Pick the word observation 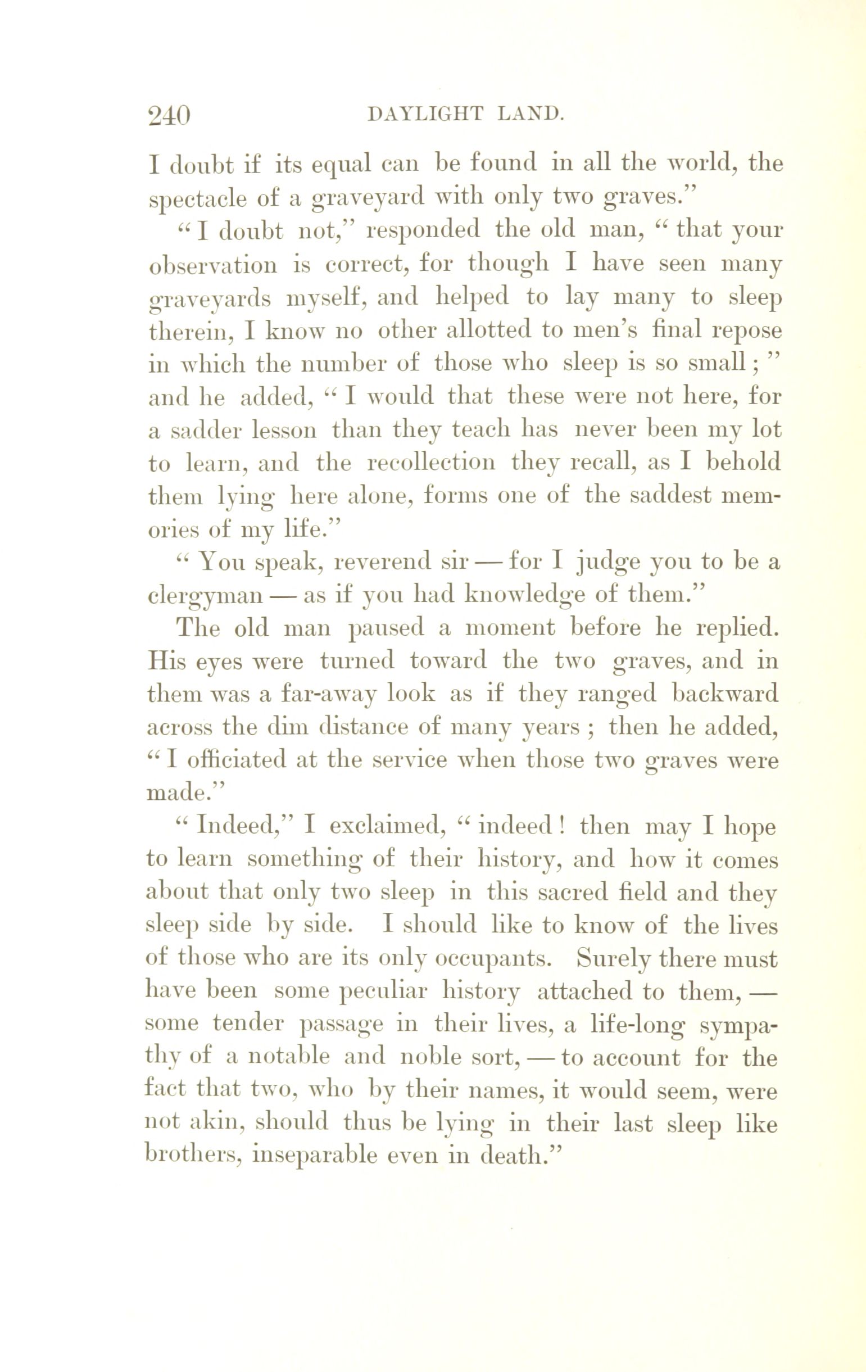pos(213,265)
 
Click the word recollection pos(431,463)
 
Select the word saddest pos(677,495)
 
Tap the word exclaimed pos(387,827)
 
